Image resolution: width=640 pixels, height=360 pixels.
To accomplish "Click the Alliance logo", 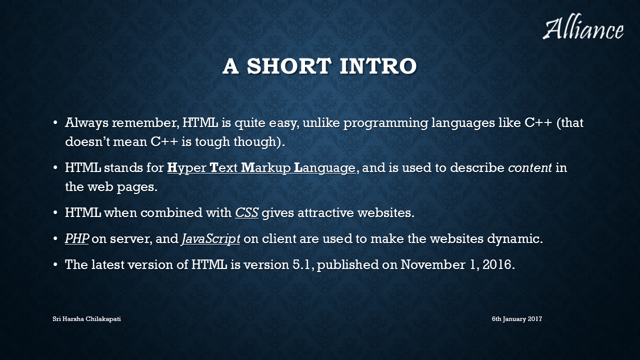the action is pos(583,26).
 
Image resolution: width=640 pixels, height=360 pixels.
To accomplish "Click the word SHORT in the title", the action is pos(289,66).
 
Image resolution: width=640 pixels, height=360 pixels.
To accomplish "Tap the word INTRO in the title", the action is pos(378,66).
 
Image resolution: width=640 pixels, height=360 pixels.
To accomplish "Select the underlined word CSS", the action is pos(247,212).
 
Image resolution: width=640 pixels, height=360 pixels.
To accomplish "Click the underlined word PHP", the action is pos(77,238).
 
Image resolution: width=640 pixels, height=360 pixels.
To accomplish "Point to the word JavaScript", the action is pos(211,239).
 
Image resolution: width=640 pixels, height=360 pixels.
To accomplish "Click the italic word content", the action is pos(530,167).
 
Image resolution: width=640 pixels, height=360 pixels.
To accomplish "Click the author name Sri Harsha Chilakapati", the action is pos(86,319).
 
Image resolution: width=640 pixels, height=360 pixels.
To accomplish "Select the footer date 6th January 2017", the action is pos(517,319).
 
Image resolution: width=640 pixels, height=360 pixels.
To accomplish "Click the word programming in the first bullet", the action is pos(385,123).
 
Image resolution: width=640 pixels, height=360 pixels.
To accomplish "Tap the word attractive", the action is pos(325,213).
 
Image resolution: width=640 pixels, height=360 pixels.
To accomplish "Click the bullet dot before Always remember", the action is pos(55,123).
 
